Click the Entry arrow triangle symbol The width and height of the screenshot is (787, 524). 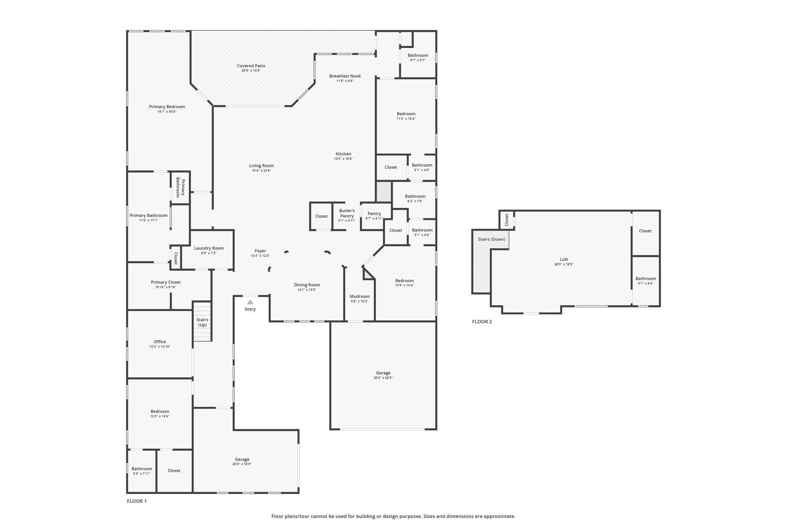(250, 302)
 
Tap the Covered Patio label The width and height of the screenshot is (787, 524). (251, 66)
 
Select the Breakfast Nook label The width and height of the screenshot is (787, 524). (345, 76)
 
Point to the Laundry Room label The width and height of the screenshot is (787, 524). (209, 248)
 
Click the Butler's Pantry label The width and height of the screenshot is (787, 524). (347, 213)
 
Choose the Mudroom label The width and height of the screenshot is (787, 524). (359, 296)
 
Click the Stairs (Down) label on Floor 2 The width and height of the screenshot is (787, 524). (491, 239)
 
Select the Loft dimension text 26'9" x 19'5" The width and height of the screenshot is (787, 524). (564, 264)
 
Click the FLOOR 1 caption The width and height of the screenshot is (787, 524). (137, 501)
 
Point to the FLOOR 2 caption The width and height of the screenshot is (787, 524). (482, 322)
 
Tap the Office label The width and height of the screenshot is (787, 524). (160, 342)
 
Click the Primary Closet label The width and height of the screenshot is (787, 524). (166, 282)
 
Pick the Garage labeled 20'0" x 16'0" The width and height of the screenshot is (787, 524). (242, 460)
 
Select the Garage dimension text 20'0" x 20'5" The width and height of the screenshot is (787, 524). (383, 378)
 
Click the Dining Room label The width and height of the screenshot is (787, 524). (307, 285)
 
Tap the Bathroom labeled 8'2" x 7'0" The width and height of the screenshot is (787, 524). (415, 197)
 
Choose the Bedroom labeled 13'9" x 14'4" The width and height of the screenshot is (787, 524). (404, 281)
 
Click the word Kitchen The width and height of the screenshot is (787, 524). (343, 154)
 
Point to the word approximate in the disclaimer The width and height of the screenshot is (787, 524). (500, 516)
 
